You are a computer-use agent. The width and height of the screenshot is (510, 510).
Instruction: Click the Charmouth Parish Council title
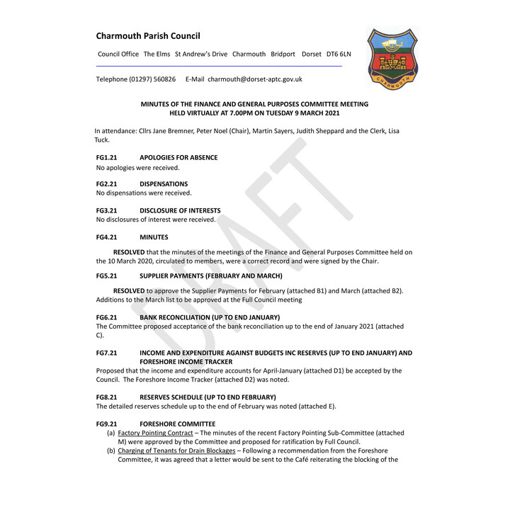coord(148,36)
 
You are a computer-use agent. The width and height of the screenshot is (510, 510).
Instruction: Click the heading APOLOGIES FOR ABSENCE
coord(178,157)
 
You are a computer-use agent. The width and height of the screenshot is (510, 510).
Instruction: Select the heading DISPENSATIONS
coord(164,184)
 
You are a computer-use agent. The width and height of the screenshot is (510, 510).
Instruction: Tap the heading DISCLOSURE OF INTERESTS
coord(180,210)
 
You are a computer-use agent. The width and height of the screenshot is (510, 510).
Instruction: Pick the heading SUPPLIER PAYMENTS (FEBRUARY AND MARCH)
coord(211,276)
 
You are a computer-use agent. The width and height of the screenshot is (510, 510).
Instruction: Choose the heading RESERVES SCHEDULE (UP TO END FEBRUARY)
coord(208,397)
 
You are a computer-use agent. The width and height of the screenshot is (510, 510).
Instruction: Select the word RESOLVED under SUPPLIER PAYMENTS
coord(129,290)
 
